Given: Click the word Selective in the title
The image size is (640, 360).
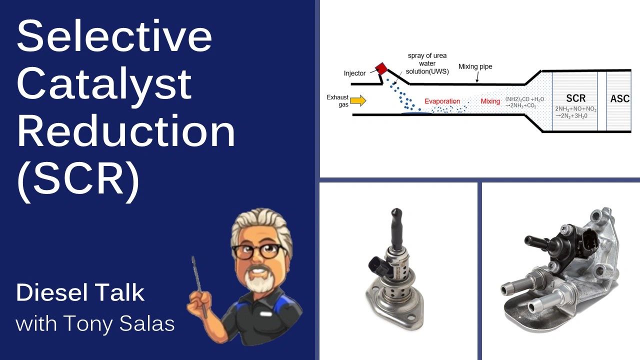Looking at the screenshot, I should [x=114, y=37].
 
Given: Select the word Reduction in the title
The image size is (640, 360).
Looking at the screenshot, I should [x=126, y=132].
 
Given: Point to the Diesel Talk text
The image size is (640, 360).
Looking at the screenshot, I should [x=80, y=292].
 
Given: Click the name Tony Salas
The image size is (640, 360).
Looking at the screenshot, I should [x=125, y=324].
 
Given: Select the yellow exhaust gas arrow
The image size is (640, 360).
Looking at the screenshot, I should [x=357, y=101].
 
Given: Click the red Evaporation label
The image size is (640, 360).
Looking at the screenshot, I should [x=442, y=101].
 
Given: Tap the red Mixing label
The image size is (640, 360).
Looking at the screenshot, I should [x=490, y=101].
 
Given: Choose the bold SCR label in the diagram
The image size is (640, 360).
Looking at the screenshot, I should [x=575, y=98].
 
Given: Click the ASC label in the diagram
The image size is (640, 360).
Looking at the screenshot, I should [x=619, y=98].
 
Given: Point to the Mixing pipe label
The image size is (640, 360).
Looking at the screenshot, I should [x=475, y=66].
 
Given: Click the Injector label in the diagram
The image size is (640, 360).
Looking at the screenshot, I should [x=354, y=73].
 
